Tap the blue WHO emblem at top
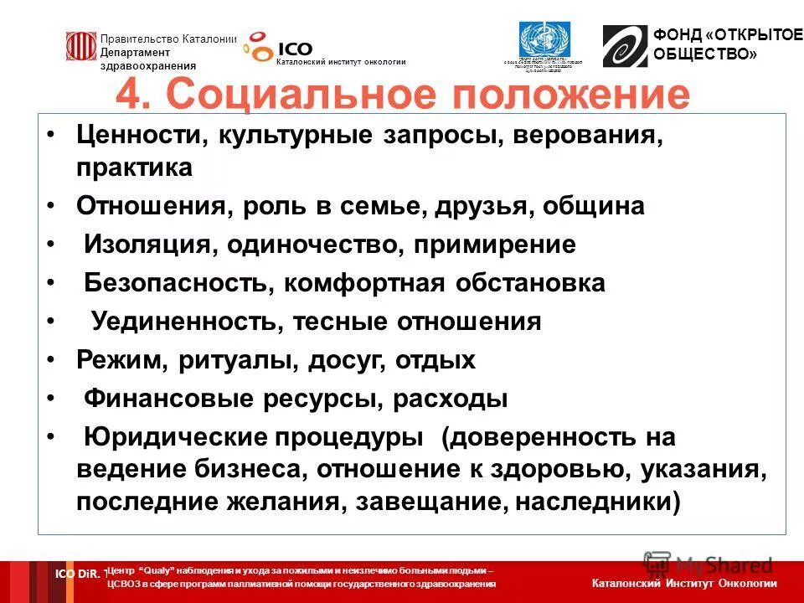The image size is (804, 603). click(x=544, y=40)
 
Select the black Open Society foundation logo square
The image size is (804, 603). click(x=625, y=47)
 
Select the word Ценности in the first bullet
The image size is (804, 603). click(x=141, y=137)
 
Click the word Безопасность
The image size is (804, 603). click(x=175, y=283)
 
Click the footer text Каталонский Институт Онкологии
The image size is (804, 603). click(x=683, y=583)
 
